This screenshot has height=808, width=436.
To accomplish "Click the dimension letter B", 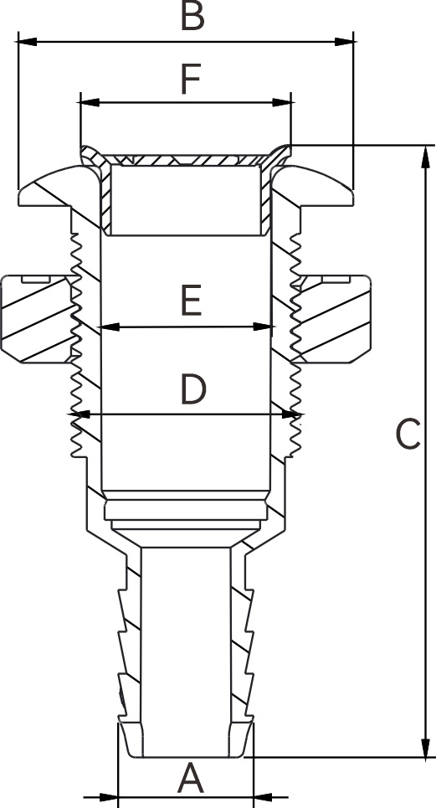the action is pos(192,16).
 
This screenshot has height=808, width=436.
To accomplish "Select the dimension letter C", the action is pos(408,435).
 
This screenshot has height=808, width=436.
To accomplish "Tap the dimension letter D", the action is pos(193,389).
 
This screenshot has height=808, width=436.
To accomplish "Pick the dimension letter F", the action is pos(191,80).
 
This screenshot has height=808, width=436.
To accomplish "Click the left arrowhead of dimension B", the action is pos(27,42).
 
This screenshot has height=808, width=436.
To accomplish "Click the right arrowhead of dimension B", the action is pos(345,42).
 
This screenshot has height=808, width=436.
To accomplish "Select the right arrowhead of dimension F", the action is pos(281,102).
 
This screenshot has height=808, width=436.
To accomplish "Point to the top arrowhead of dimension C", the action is pos(425,156).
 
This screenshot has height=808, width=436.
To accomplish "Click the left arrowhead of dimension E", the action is pos(109,327).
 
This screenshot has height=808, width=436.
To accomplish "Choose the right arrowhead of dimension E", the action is pos(262,327).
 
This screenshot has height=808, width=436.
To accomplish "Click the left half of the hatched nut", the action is pos(37,319).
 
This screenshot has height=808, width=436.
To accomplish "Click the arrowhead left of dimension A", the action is pos(109,797).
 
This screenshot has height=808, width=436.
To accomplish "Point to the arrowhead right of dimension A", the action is pos(263,797).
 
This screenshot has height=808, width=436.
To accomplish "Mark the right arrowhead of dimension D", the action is pos(291,414).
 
